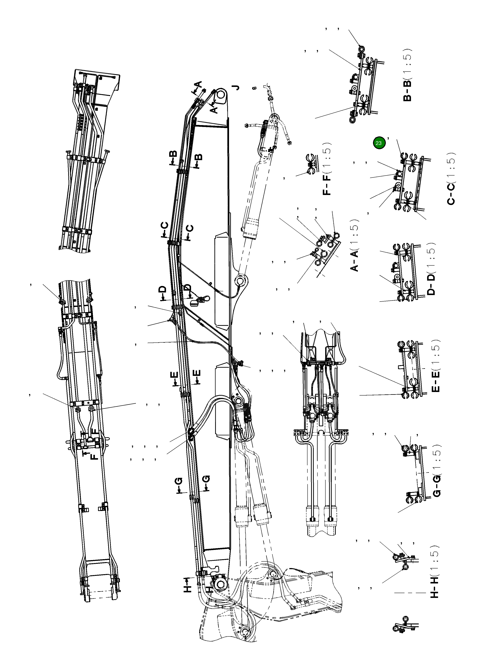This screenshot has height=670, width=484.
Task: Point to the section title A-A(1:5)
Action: click(354, 245)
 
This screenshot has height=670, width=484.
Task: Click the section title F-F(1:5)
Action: click(327, 169)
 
